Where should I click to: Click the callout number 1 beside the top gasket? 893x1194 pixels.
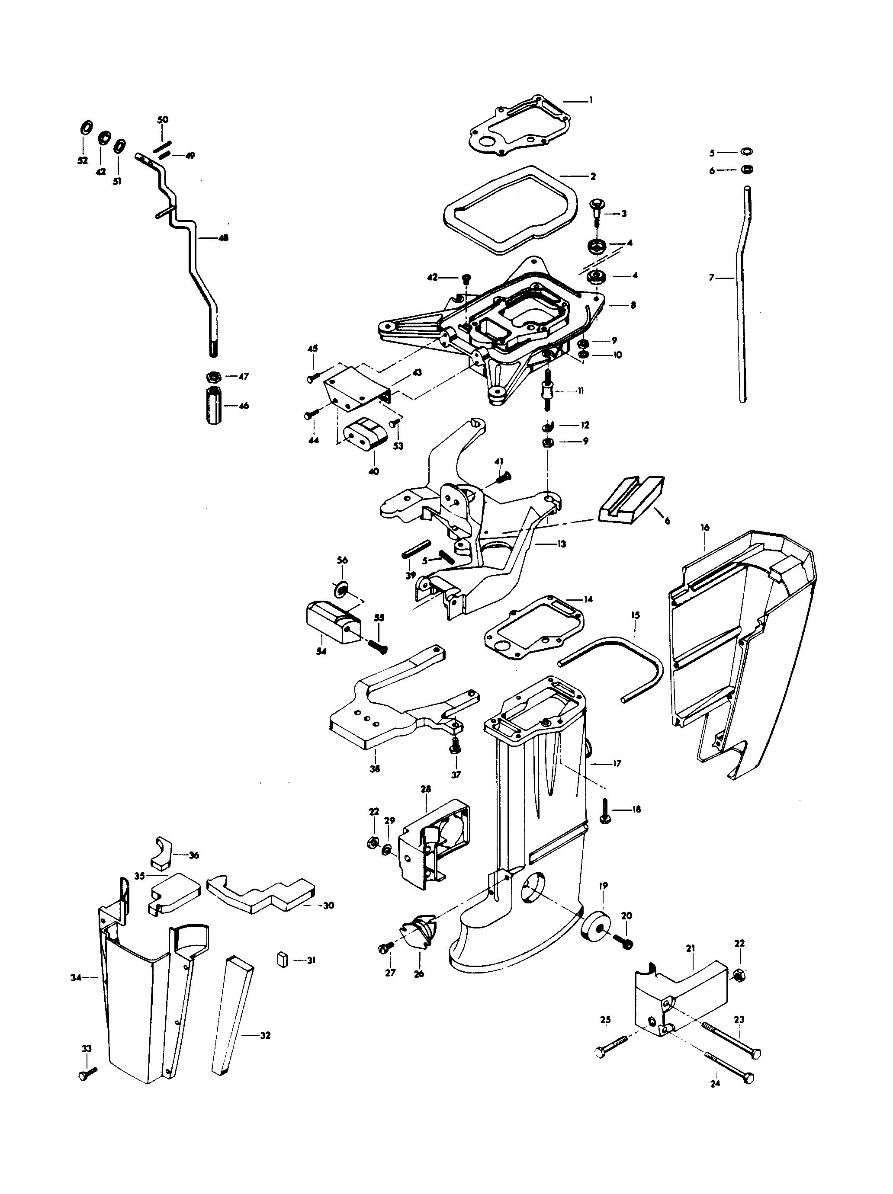coord(590,100)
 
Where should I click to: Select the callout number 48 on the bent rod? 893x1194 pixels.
coord(222,237)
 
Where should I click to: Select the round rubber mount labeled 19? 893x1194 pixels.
coord(595,925)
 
